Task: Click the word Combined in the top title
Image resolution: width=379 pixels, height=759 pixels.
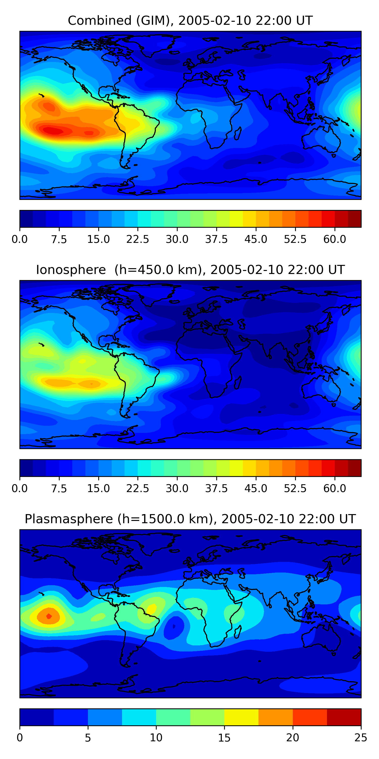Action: pyautogui.click(x=100, y=21)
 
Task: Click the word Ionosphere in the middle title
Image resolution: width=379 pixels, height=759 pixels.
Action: pyautogui.click(x=71, y=270)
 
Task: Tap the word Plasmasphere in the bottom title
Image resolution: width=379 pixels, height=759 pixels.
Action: pyautogui.click(x=68, y=519)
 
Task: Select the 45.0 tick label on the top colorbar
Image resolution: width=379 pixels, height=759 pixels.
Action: pyautogui.click(x=256, y=239)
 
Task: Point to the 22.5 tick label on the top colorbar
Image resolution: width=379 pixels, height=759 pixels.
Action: pyautogui.click(x=138, y=239)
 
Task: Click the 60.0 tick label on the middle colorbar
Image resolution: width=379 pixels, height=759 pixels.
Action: pyautogui.click(x=335, y=489)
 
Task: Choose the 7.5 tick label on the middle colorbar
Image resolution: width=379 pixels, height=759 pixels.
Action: pyautogui.click(x=59, y=489)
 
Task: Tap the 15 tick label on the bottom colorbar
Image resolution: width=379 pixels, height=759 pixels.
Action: pyautogui.click(x=224, y=738)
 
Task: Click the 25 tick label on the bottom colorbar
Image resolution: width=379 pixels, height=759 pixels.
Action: pyautogui.click(x=361, y=738)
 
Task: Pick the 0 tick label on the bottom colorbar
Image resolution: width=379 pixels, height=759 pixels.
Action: pyautogui.click(x=20, y=738)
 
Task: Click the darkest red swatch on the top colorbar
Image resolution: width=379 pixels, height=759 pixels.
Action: pyautogui.click(x=354, y=219)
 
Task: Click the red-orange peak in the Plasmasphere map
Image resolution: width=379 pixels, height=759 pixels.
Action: pyautogui.click(x=49, y=616)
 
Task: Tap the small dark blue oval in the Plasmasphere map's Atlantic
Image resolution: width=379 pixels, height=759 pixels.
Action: pyautogui.click(x=174, y=626)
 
